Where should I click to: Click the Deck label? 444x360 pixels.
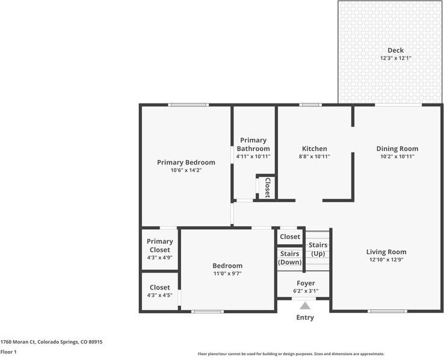[395, 51]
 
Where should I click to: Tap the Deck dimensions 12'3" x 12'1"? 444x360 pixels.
[395, 58]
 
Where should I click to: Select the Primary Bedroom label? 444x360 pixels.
[186, 162]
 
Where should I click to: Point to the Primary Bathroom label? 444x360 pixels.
[253, 144]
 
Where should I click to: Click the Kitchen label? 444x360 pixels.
[314, 149]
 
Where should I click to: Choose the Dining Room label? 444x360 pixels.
[397, 149]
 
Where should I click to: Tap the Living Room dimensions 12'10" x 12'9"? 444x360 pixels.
[386, 260]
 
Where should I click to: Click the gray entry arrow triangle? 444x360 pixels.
[305, 306]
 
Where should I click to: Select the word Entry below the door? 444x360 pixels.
[305, 318]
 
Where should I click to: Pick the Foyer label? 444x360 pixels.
[306, 283]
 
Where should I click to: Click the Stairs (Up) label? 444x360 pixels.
[318, 249]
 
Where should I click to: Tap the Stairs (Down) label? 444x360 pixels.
[289, 258]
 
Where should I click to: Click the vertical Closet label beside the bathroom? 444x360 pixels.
[267, 187]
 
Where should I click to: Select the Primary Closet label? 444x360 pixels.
[159, 246]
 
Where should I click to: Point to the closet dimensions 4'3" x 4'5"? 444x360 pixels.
[159, 296]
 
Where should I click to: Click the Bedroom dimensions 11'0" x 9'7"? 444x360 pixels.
[227, 273]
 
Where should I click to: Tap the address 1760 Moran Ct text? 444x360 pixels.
[51, 341]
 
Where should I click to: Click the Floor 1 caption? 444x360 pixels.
[8, 352]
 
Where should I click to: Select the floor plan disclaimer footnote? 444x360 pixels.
[291, 354]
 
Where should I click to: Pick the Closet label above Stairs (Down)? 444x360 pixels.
[289, 237]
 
